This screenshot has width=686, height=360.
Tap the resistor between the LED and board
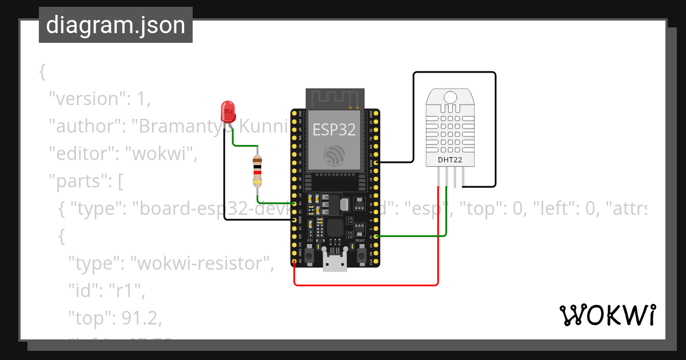[x=258, y=171]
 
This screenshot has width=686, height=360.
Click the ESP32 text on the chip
[x=334, y=130]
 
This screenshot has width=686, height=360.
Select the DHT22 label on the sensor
[x=450, y=159]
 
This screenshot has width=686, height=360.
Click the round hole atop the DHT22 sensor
[x=450, y=97]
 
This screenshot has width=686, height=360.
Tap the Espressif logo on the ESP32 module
[x=334, y=155]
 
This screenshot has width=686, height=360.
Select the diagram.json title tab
[x=115, y=25]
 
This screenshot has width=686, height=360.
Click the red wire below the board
[x=366, y=285]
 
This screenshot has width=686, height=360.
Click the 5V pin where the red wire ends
[x=294, y=262]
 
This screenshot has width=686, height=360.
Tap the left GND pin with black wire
[x=294, y=219]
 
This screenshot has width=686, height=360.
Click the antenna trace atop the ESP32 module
[x=334, y=98]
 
